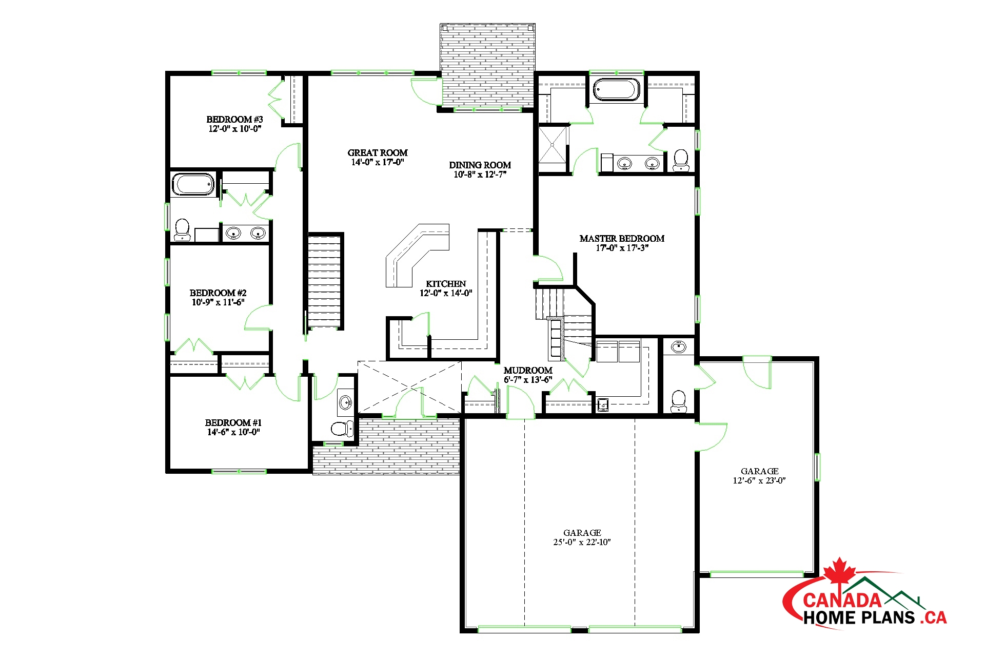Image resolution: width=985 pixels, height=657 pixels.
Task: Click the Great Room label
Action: coord(378,152)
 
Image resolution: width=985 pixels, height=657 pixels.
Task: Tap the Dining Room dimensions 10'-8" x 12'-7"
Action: coord(480,175)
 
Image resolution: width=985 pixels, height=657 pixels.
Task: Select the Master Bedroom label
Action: coord(622,239)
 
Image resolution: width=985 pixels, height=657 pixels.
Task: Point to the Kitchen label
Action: coord(446,284)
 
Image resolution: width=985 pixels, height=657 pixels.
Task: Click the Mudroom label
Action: coord(528,371)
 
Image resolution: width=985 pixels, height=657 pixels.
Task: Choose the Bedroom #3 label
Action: coord(234,120)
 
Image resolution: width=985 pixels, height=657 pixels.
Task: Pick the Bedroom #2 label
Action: coord(218,293)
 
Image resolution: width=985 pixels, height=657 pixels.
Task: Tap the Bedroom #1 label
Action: coord(233,423)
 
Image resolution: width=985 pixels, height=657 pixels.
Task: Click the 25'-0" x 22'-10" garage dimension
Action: coord(582,543)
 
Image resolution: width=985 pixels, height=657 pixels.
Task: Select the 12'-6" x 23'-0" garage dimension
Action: coord(759,481)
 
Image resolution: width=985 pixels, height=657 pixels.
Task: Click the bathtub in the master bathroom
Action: coord(617,89)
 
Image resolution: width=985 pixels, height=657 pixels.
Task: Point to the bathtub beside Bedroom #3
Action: coord(193,184)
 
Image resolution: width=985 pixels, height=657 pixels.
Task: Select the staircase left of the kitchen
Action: coord(324,281)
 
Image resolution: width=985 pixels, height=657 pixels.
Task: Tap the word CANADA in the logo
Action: coord(842,600)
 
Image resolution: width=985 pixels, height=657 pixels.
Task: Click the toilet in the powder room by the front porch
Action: coord(342,428)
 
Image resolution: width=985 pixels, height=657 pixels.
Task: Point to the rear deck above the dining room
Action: coord(487,67)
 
